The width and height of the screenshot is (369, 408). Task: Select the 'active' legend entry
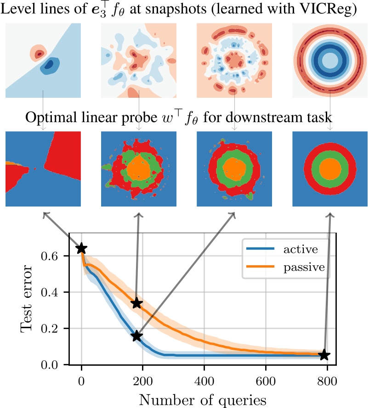282,249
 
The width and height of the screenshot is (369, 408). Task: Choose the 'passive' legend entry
286,267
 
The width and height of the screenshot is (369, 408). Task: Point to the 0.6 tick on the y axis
50,256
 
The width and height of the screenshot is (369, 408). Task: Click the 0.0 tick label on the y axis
50,365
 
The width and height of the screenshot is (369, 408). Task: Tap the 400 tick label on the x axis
204,381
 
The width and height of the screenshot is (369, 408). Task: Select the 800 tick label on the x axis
327,381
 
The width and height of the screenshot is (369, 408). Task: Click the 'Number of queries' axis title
203,400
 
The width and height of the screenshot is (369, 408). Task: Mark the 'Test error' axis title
26,298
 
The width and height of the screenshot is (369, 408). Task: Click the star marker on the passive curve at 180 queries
137,303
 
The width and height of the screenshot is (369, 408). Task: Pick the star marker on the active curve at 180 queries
136,336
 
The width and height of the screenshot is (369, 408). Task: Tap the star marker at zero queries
81,248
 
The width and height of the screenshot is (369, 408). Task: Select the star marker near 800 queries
324,354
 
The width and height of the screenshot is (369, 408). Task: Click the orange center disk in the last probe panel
330,168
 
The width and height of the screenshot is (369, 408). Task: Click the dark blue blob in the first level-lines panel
49,64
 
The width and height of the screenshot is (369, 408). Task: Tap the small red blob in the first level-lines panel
38,54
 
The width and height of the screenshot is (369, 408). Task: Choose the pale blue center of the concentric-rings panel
330,60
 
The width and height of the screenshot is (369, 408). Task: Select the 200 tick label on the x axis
143,381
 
